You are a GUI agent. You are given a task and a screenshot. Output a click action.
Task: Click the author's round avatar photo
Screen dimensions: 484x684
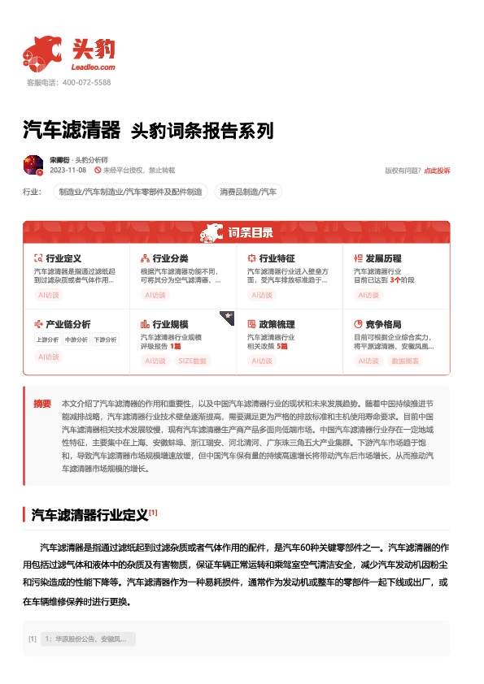tap(33, 165)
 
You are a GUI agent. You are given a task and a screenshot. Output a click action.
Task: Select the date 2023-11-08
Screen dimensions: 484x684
tap(68, 171)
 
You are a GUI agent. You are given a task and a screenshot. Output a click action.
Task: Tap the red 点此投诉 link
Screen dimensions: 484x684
tap(437, 171)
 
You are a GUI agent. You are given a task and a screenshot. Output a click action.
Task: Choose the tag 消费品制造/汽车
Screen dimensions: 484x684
tap(247, 192)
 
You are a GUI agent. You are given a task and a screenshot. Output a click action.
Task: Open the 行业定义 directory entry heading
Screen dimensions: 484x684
tap(63, 258)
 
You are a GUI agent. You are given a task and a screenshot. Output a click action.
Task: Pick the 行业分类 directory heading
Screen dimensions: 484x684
tap(170, 258)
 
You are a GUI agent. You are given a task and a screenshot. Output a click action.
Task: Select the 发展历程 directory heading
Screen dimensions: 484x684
tap(382, 258)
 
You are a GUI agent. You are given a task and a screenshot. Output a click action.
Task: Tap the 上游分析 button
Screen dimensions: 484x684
tap(47, 340)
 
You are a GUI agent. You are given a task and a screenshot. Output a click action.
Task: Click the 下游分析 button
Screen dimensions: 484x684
tap(104, 340)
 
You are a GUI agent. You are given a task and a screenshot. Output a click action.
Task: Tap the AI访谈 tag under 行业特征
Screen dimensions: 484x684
tap(262, 296)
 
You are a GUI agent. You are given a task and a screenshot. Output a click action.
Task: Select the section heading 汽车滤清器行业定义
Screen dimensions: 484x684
tap(89, 514)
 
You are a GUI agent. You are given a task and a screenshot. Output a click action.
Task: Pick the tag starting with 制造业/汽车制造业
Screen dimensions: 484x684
tap(129, 192)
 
